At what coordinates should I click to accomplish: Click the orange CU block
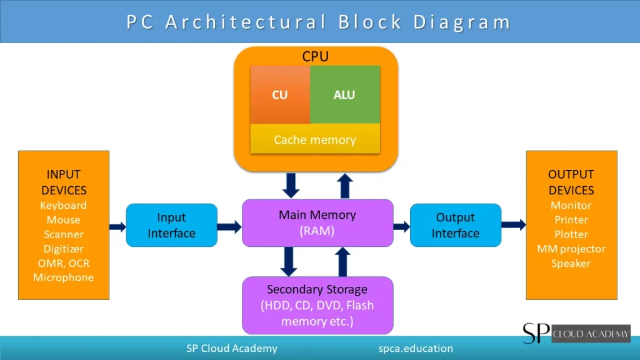[280, 95]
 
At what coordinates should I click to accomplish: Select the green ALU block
[344, 95]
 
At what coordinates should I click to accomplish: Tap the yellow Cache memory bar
[315, 140]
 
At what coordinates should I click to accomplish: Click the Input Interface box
[171, 225]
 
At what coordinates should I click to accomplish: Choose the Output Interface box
[455, 225]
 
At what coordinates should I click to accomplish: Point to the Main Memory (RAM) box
[317, 222]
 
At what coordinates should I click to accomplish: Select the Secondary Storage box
[317, 306]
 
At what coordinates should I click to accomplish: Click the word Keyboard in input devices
[63, 206]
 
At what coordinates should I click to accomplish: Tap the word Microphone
[63, 277]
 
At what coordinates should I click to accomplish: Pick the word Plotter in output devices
[571, 234]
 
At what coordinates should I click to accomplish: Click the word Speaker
[571, 263]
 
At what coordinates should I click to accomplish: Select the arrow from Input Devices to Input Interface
[117, 226]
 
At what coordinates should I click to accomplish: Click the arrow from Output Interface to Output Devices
[513, 224]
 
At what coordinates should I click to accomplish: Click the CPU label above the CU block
[316, 57]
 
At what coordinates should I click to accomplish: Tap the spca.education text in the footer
[416, 349]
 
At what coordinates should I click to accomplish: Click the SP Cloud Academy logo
[576, 333]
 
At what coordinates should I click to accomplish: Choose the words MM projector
[571, 249]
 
